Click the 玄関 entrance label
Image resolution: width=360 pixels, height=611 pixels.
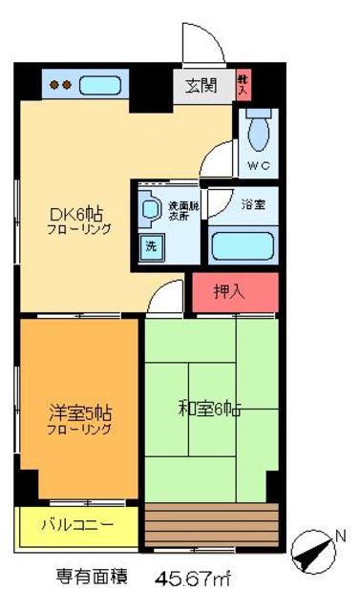201,85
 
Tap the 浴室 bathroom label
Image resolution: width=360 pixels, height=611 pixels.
253,203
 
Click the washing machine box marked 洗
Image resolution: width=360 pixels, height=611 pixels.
152,244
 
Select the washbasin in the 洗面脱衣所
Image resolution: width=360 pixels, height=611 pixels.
150,208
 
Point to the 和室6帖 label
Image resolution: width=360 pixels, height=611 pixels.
209,411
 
